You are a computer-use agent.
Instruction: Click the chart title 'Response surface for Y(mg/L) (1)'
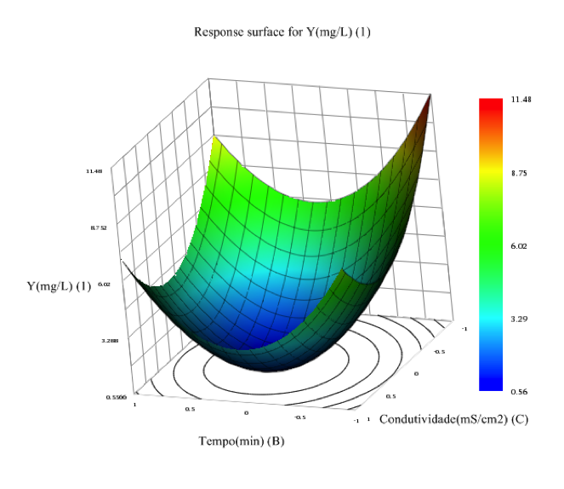(282, 33)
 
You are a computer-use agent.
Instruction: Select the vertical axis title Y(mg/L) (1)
(59, 286)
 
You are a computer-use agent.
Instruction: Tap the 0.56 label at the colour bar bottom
(520, 392)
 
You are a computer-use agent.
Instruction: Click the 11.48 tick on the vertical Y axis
(94, 171)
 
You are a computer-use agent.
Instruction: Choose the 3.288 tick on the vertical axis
(110, 341)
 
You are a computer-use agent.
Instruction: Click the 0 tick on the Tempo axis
(247, 413)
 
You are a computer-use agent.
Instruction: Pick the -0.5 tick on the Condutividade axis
(439, 351)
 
